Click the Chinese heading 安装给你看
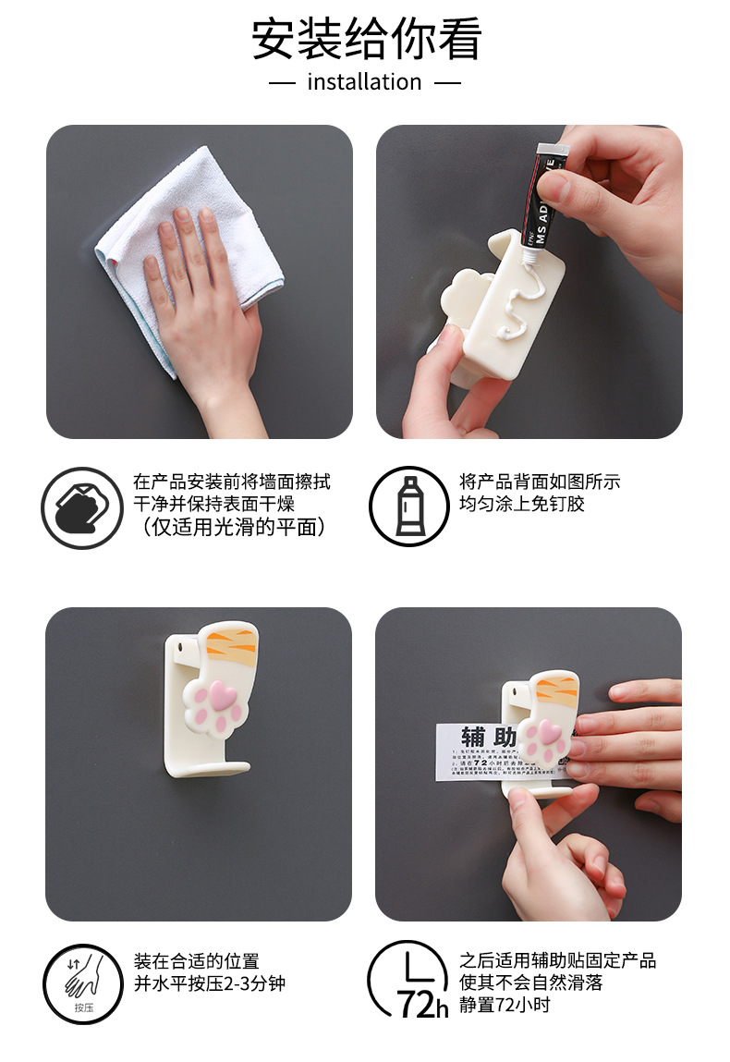click(x=366, y=39)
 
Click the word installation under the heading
click(x=364, y=82)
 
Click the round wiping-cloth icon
click(x=81, y=507)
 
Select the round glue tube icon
click(x=408, y=507)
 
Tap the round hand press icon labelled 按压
click(x=82, y=983)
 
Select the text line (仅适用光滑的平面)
click(x=231, y=528)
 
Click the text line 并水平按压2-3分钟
click(x=210, y=983)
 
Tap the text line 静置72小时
click(x=505, y=1004)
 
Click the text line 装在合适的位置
click(x=197, y=961)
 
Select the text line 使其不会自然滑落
click(x=531, y=983)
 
